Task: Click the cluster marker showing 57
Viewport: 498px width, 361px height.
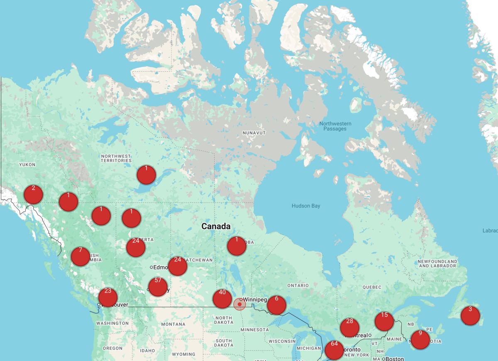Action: point(158,286)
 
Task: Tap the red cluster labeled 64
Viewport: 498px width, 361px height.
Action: point(334,350)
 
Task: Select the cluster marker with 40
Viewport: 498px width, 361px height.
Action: point(222,298)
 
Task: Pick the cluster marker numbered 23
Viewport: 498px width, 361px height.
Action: point(108,297)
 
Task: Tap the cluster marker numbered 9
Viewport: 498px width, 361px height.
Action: point(420,339)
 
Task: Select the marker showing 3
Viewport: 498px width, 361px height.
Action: point(470,315)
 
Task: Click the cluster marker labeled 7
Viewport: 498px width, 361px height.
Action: point(81,256)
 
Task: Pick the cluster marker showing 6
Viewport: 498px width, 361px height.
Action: point(277,305)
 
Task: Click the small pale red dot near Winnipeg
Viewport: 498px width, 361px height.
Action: point(240,304)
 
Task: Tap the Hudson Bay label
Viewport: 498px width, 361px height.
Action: point(306,206)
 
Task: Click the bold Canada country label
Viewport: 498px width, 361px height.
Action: point(216,227)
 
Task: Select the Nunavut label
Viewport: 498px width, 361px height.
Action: point(254,133)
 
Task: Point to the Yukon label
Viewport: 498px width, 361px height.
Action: point(27,165)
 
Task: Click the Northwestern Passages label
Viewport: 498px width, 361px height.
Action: point(335,126)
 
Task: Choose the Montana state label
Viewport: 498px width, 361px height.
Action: point(173,324)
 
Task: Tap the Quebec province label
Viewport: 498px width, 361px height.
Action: point(371,287)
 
